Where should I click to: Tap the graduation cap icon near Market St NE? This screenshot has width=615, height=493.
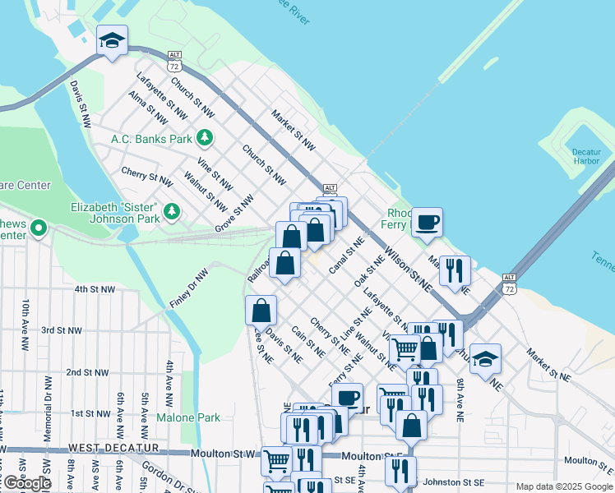tap(486, 358)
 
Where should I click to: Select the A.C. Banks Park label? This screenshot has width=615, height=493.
tap(151, 139)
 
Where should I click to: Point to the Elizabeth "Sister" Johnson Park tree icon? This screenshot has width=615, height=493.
tap(172, 212)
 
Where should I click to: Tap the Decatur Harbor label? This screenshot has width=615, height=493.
tap(586, 156)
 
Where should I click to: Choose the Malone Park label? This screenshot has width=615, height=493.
tap(188, 417)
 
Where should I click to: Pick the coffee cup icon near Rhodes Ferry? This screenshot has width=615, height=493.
tap(427, 223)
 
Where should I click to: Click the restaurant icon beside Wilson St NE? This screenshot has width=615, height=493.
tap(455, 270)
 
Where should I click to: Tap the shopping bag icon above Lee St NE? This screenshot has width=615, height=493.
tap(261, 311)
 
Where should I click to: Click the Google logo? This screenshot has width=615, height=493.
tap(27, 483)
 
